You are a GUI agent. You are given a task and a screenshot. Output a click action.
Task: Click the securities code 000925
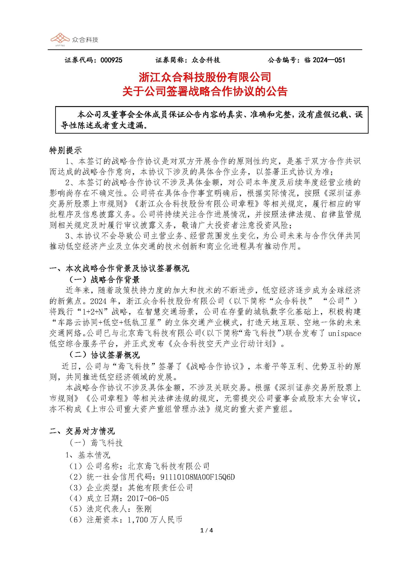111,60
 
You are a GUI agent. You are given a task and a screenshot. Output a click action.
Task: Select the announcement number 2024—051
329,60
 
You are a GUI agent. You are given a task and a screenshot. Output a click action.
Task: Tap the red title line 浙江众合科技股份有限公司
205,77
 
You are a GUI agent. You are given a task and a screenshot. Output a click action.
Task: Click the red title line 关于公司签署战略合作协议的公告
205,91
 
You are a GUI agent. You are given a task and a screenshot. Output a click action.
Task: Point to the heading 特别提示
65,151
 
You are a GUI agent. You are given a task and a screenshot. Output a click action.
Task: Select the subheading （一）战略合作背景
104,280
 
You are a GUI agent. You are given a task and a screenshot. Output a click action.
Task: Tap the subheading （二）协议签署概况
104,355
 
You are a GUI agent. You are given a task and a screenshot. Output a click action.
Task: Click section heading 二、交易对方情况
82,431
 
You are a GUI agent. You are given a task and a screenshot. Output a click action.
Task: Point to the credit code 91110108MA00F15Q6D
197,477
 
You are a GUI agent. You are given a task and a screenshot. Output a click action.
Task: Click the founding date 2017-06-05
148,498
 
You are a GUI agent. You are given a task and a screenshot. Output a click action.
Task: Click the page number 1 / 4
206,531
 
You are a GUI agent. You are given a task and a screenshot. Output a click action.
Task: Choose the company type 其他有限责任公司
161,488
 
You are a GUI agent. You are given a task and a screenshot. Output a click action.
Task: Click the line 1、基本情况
88,455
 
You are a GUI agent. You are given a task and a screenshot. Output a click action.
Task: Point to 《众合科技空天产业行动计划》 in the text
223,344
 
